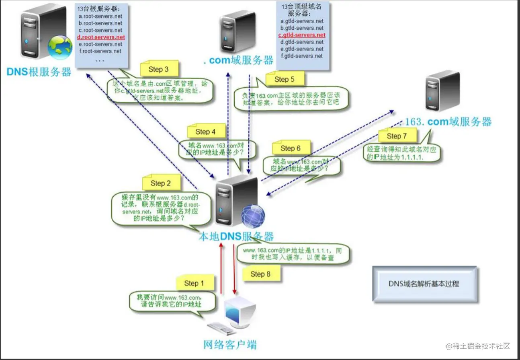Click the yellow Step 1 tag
click(194, 283)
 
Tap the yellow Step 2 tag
click(161, 183)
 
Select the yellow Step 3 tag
click(158, 69)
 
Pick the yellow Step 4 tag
click(206, 132)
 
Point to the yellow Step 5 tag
click(285, 79)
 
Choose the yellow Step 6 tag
click(291, 148)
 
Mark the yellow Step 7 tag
click(397, 136)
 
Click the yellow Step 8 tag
click(260, 274)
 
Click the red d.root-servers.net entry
click(102, 37)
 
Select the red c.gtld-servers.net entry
click(302, 35)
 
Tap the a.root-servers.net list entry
click(100, 16)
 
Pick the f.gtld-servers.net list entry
click(302, 56)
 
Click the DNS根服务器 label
click(39, 72)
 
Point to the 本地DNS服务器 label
click(236, 237)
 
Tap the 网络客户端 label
click(230, 344)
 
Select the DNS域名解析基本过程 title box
click(424, 284)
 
